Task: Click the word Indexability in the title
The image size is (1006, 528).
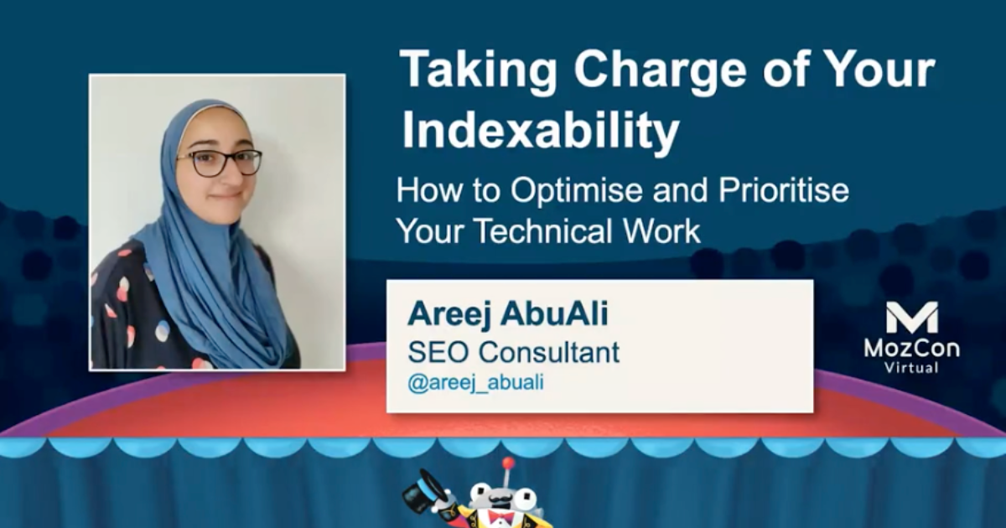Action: point(540,132)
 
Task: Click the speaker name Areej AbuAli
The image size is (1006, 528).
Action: point(508,315)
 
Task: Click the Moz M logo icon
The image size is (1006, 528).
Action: point(911,318)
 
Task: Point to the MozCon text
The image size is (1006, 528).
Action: point(911,348)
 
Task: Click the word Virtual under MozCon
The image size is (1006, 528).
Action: point(911,367)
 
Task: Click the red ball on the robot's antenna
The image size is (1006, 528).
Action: point(507,463)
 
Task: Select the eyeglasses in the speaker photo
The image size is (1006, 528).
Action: point(220,162)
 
